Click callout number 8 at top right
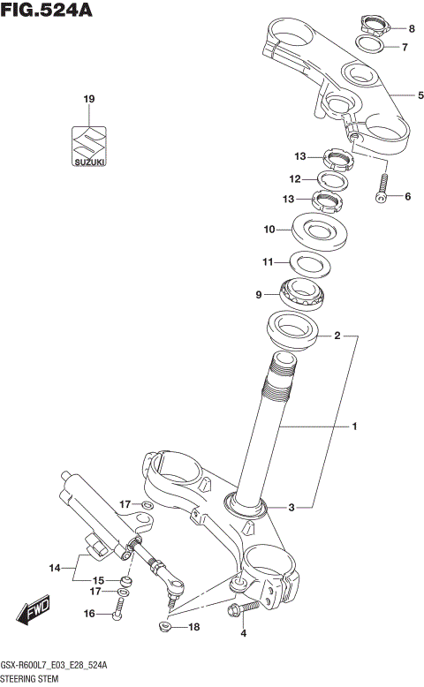point(410,28)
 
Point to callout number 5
point(409,94)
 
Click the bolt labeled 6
point(382,188)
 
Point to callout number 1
point(353,427)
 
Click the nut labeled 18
point(163,627)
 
